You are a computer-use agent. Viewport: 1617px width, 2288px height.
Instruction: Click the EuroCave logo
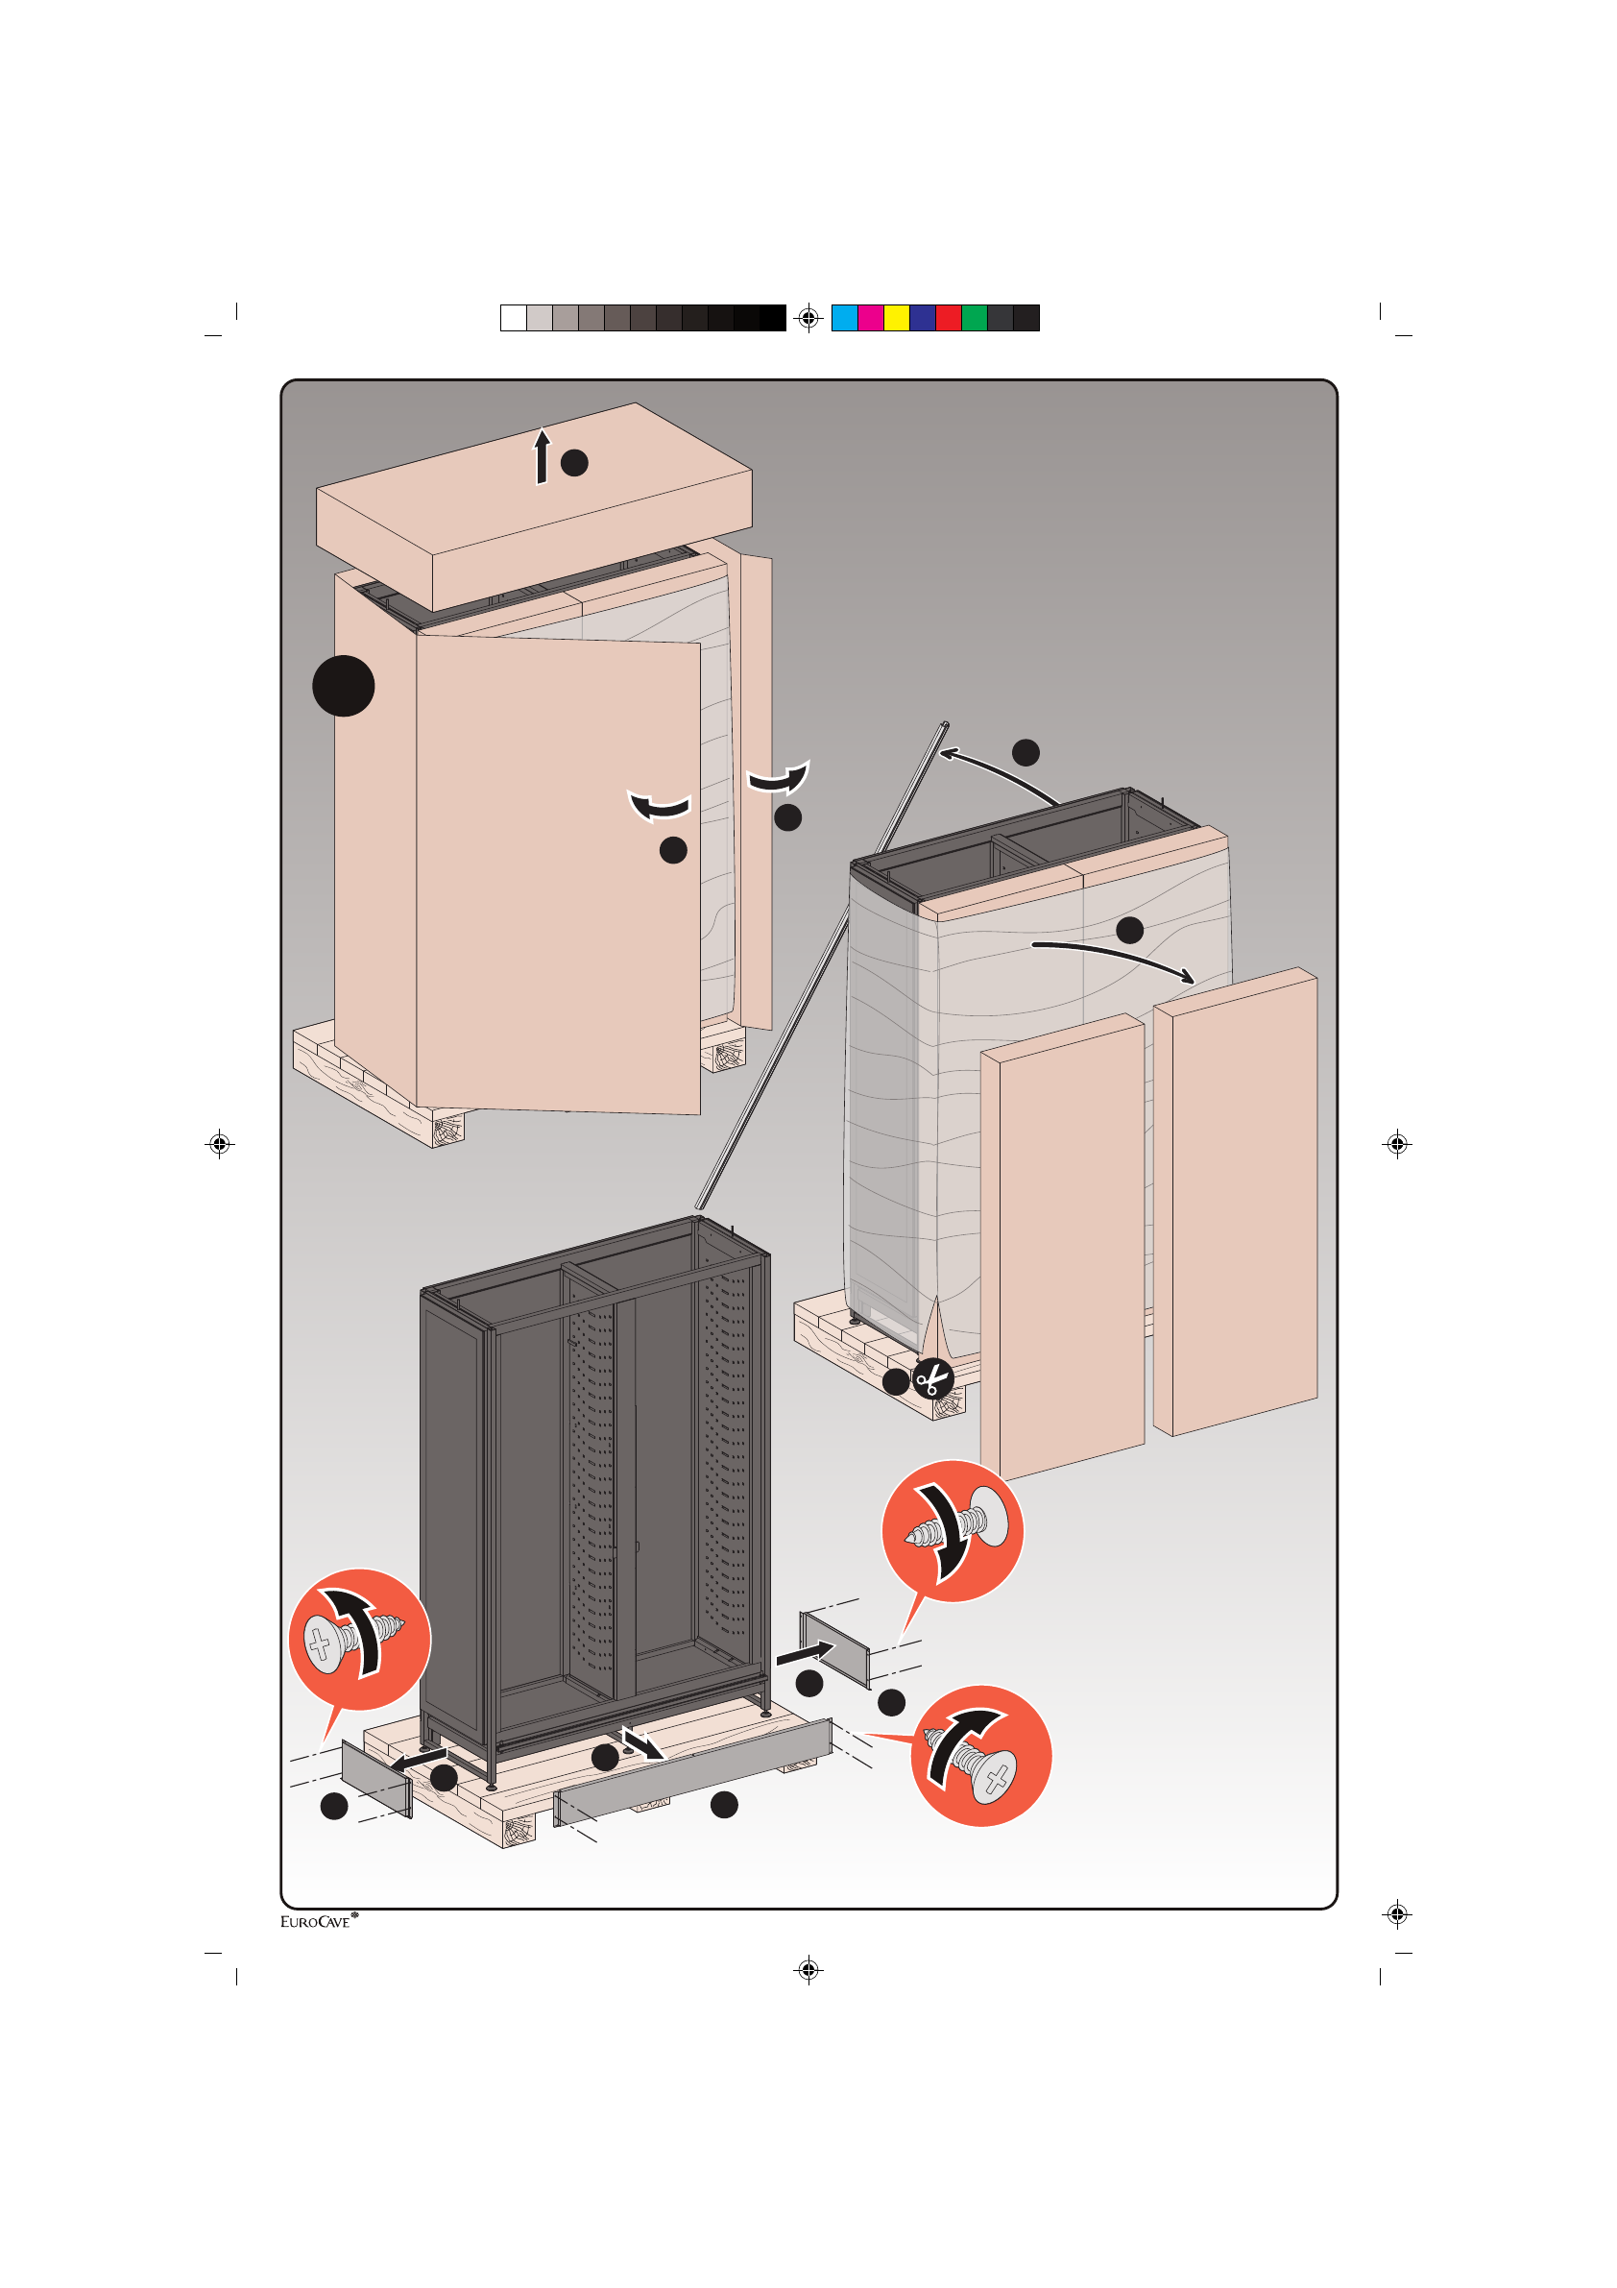tap(318, 1921)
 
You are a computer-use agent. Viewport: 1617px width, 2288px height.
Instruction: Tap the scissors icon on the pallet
tap(932, 1380)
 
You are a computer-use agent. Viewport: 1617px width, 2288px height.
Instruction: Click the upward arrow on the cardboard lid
tap(542, 456)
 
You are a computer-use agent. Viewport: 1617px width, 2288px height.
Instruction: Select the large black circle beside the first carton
tap(344, 686)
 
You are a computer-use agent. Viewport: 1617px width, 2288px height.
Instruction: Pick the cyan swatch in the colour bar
tap(844, 318)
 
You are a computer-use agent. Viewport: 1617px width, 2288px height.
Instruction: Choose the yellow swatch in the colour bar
tap(897, 318)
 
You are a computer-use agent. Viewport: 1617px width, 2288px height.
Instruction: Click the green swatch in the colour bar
tap(975, 318)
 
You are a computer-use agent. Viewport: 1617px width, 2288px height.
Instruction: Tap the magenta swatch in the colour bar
tap(870, 318)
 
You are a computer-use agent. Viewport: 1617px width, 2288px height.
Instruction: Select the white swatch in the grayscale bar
tap(513, 318)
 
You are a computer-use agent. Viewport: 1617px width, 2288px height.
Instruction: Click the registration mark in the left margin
tap(220, 1143)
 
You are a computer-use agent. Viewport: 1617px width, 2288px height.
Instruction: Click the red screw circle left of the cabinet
tap(360, 1640)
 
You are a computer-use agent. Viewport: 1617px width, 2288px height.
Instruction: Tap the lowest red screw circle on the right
tap(981, 1757)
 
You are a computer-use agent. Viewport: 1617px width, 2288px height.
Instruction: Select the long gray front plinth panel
tap(692, 1773)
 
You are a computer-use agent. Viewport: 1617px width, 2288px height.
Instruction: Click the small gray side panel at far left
tap(375, 1778)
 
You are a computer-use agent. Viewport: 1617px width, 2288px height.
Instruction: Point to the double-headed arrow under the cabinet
tap(642, 1744)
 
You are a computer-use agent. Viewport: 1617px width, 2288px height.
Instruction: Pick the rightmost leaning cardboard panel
tap(1236, 1201)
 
